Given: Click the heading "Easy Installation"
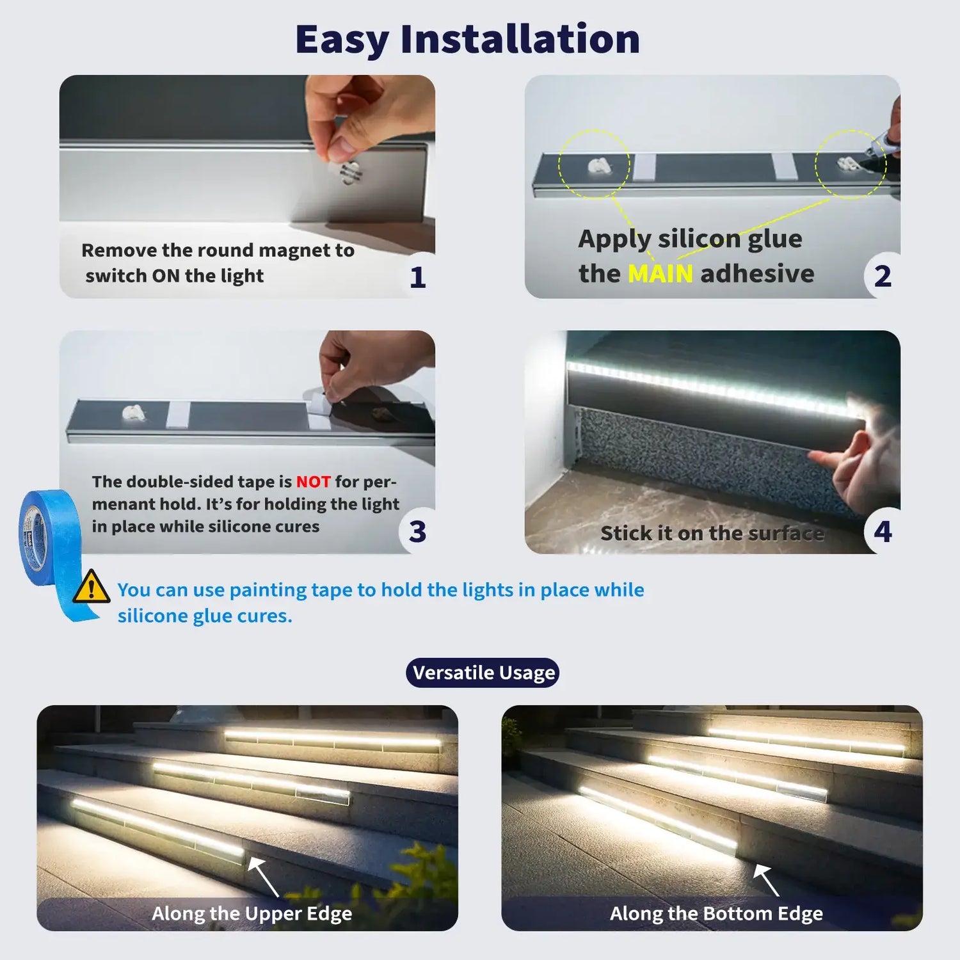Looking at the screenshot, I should pyautogui.click(x=467, y=40).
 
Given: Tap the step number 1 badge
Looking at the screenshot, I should pyautogui.click(x=417, y=277).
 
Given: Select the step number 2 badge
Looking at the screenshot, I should pyautogui.click(x=883, y=276).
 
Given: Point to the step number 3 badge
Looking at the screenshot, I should pyautogui.click(x=417, y=532).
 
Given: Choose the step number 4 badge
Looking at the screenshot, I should pyautogui.click(x=883, y=532).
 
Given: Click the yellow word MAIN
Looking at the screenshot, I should pyautogui.click(x=660, y=274).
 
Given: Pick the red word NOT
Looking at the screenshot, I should pyautogui.click(x=313, y=481).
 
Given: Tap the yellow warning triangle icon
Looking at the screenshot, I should pyautogui.click(x=91, y=587).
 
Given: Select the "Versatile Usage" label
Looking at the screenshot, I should pyautogui.click(x=483, y=673).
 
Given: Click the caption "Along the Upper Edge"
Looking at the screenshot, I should pyautogui.click(x=252, y=913).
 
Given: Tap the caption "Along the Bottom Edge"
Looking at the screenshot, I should pyautogui.click(x=716, y=913).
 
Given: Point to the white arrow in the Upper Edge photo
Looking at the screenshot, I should pyautogui.click(x=264, y=877).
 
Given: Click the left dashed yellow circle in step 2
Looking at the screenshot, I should pyautogui.click(x=594, y=164).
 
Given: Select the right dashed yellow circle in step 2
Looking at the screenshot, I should pyautogui.click(x=851, y=164).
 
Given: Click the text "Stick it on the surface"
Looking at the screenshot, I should pyautogui.click(x=712, y=533).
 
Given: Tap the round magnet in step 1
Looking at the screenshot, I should pyautogui.click(x=351, y=173).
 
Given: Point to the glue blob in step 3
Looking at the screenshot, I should pyautogui.click(x=132, y=412).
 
